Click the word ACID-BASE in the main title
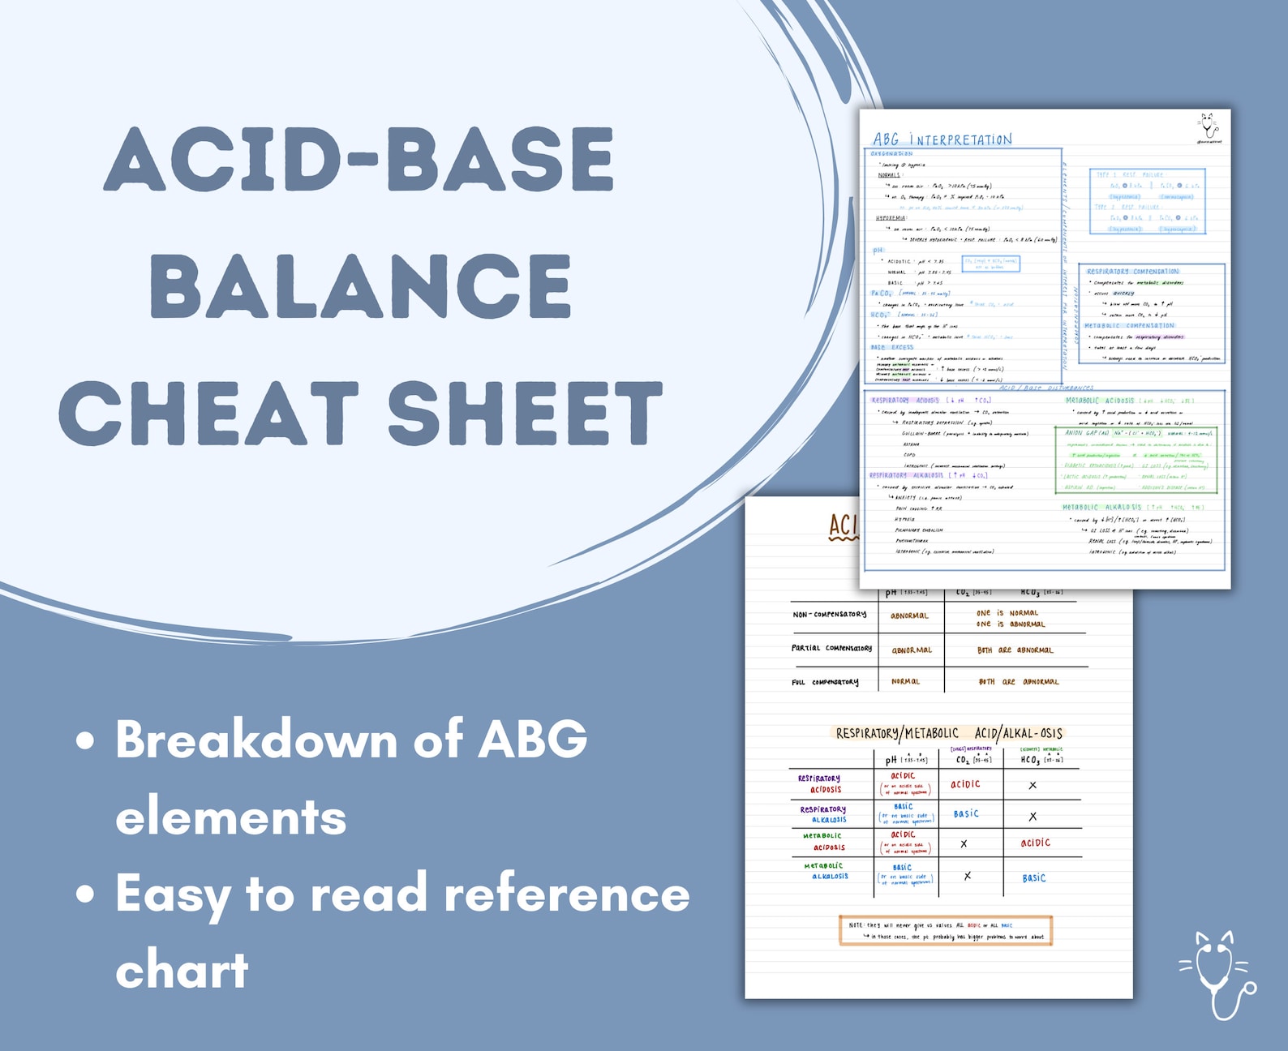pyautogui.click(x=358, y=159)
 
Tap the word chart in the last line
pyautogui.click(x=182, y=970)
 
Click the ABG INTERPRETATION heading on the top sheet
pyautogui.click(x=942, y=139)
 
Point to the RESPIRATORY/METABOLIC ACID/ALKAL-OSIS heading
pyautogui.click(x=948, y=733)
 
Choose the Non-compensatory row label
pyautogui.click(x=829, y=615)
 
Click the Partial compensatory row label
pyautogui.click(x=831, y=649)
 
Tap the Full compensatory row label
pyautogui.click(x=824, y=682)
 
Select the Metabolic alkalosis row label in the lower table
pyautogui.click(x=826, y=871)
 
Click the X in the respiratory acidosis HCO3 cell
pyautogui.click(x=1032, y=785)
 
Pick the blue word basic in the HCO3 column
pyautogui.click(x=1033, y=877)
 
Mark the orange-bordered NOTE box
pyautogui.click(x=945, y=930)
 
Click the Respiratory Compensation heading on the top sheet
pyautogui.click(x=1132, y=272)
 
